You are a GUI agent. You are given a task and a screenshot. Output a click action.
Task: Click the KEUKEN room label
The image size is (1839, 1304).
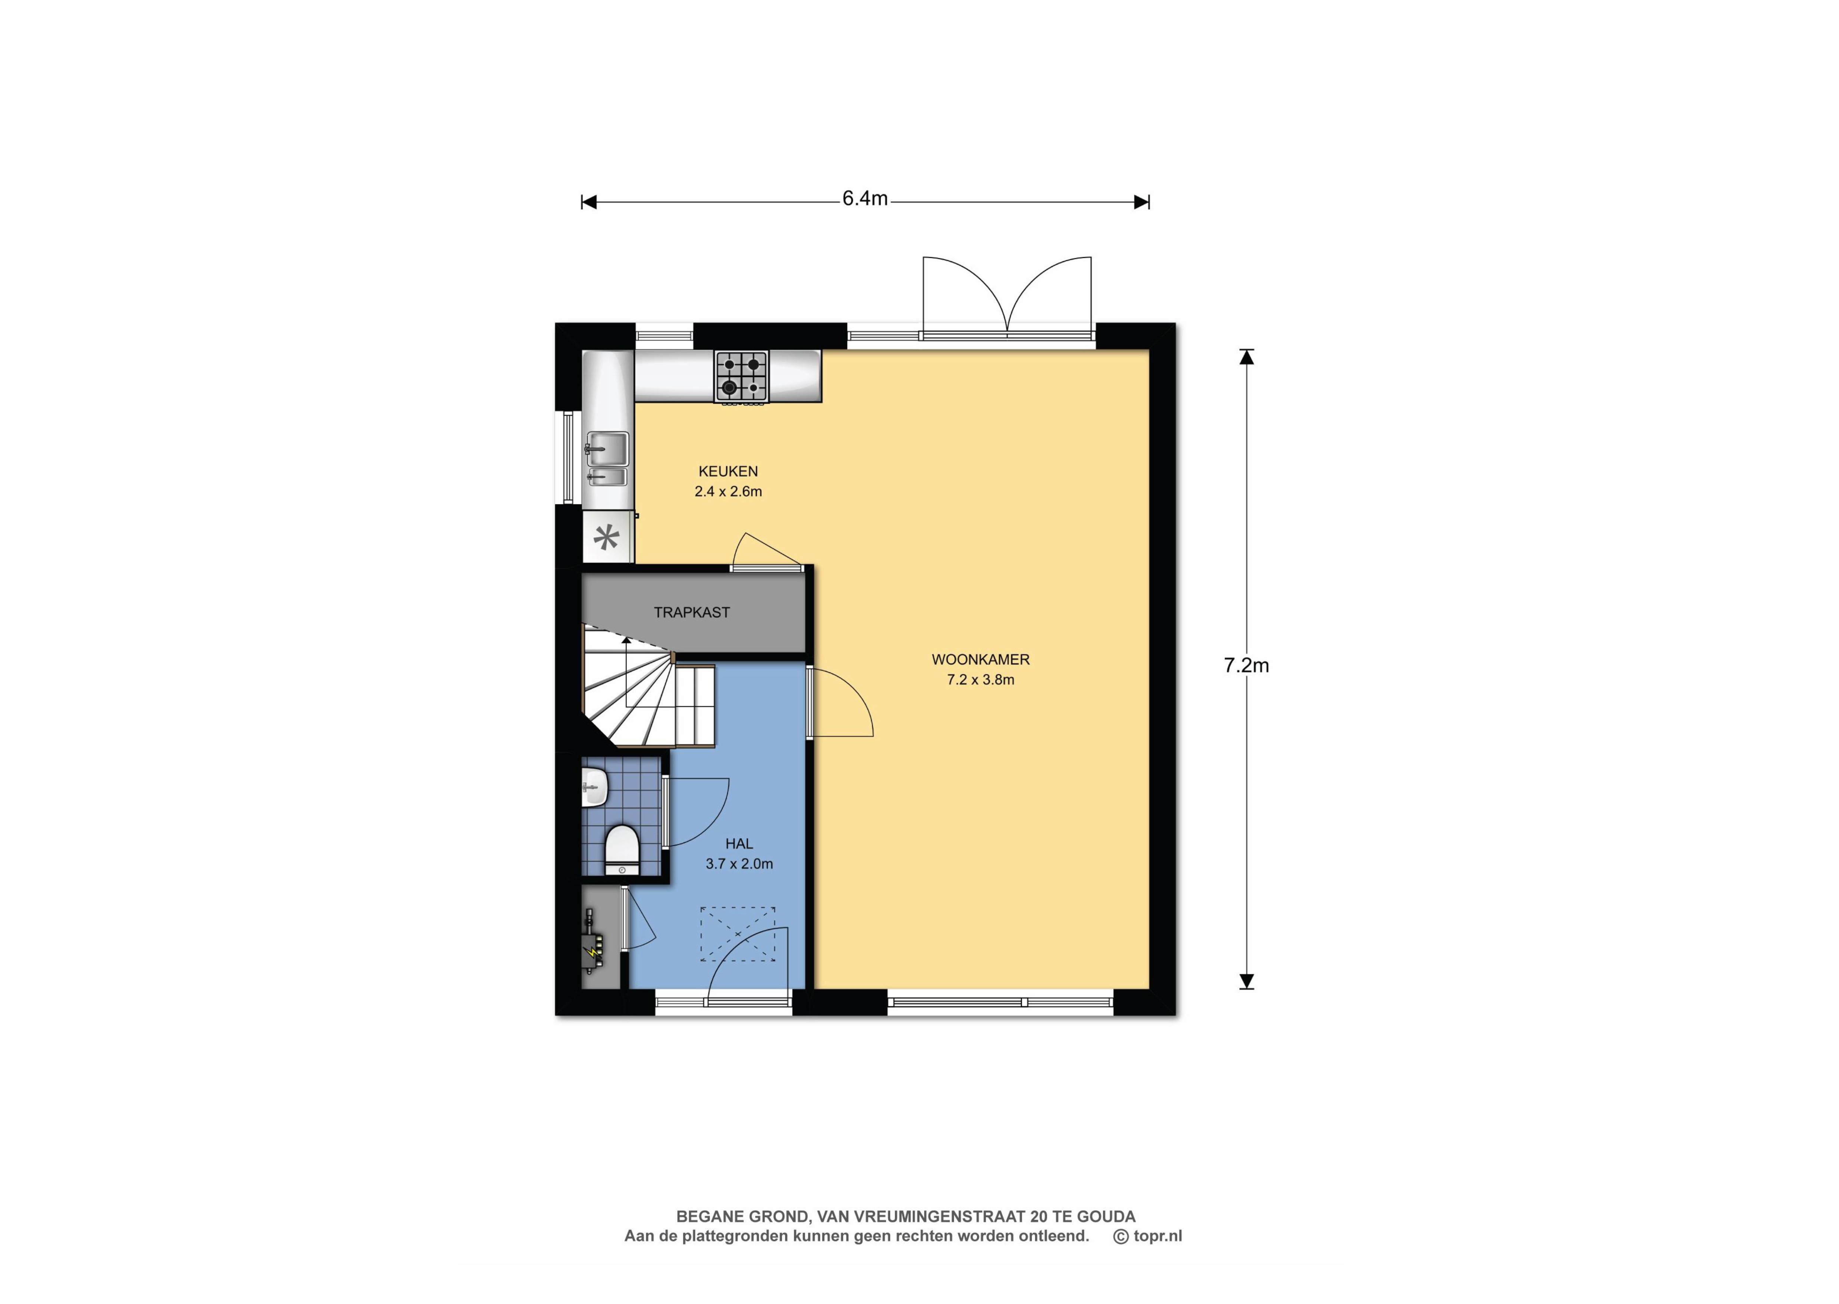pos(727,471)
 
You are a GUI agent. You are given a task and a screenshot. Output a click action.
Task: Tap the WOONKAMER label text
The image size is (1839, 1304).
pos(981,659)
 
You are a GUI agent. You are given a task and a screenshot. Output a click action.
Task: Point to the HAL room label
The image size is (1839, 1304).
pos(739,844)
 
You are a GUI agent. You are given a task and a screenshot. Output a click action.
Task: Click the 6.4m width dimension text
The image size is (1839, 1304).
pos(865,198)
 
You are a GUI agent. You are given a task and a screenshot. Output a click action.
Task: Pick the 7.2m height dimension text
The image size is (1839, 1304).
pos(1246,666)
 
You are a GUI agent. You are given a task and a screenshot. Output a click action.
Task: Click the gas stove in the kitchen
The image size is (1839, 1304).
pos(741,376)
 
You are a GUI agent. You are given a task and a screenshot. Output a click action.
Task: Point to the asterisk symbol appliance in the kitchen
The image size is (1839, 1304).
pos(606,537)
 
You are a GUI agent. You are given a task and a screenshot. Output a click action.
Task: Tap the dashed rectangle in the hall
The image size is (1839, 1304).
pos(737,934)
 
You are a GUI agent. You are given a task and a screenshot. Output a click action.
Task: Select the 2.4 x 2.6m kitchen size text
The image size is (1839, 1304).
pos(727,491)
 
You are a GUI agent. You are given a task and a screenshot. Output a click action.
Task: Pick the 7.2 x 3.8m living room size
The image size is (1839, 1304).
pos(981,679)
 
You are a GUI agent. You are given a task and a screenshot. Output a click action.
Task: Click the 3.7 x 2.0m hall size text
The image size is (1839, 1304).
pos(739,864)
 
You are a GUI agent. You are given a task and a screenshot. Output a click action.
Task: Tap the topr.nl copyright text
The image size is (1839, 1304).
pos(1148,1237)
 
